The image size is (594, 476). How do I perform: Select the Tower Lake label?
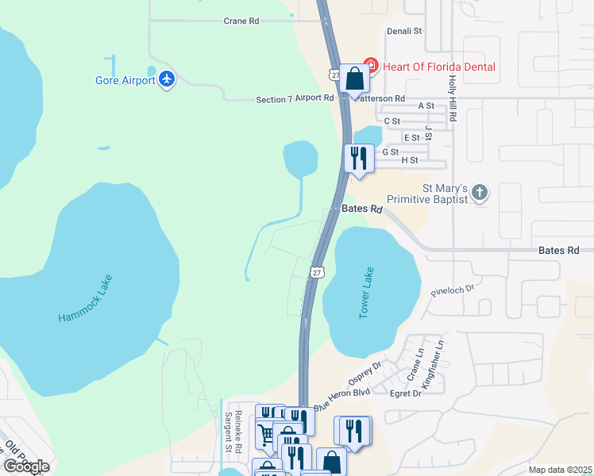[x=366, y=293]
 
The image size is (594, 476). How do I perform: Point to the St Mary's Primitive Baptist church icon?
[x=479, y=192]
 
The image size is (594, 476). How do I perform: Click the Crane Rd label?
[x=241, y=21]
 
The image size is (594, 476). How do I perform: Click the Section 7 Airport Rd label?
[x=295, y=98]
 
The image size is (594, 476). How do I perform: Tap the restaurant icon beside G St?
[x=359, y=157]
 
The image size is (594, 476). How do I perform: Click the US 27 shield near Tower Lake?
[x=317, y=271]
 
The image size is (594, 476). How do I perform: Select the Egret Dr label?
[x=405, y=393]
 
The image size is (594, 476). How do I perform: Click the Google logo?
[x=26, y=466]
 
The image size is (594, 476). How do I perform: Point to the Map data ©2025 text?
[x=560, y=470]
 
